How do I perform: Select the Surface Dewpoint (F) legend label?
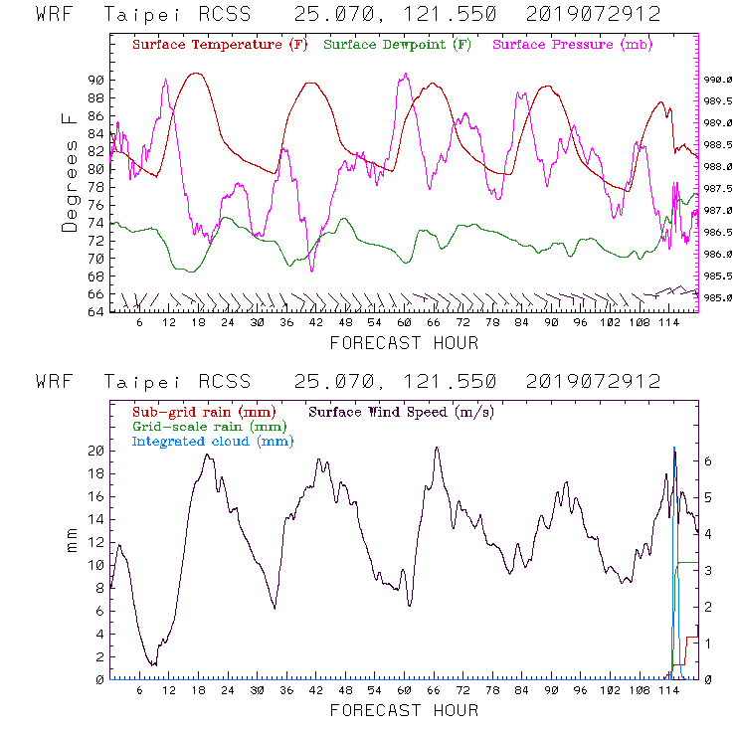(x=398, y=46)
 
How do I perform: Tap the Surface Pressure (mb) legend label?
(x=567, y=46)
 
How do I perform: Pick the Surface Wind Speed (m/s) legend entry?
(x=402, y=411)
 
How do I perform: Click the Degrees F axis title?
(x=70, y=173)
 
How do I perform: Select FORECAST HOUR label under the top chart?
(x=403, y=343)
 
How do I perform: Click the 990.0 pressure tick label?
(x=718, y=80)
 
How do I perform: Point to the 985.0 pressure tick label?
(x=718, y=297)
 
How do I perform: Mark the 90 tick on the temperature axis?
(x=96, y=80)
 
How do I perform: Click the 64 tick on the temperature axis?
(x=96, y=312)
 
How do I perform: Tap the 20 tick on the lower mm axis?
(x=96, y=451)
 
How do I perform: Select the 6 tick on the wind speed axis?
(x=708, y=461)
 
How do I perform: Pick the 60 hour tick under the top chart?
(x=404, y=323)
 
